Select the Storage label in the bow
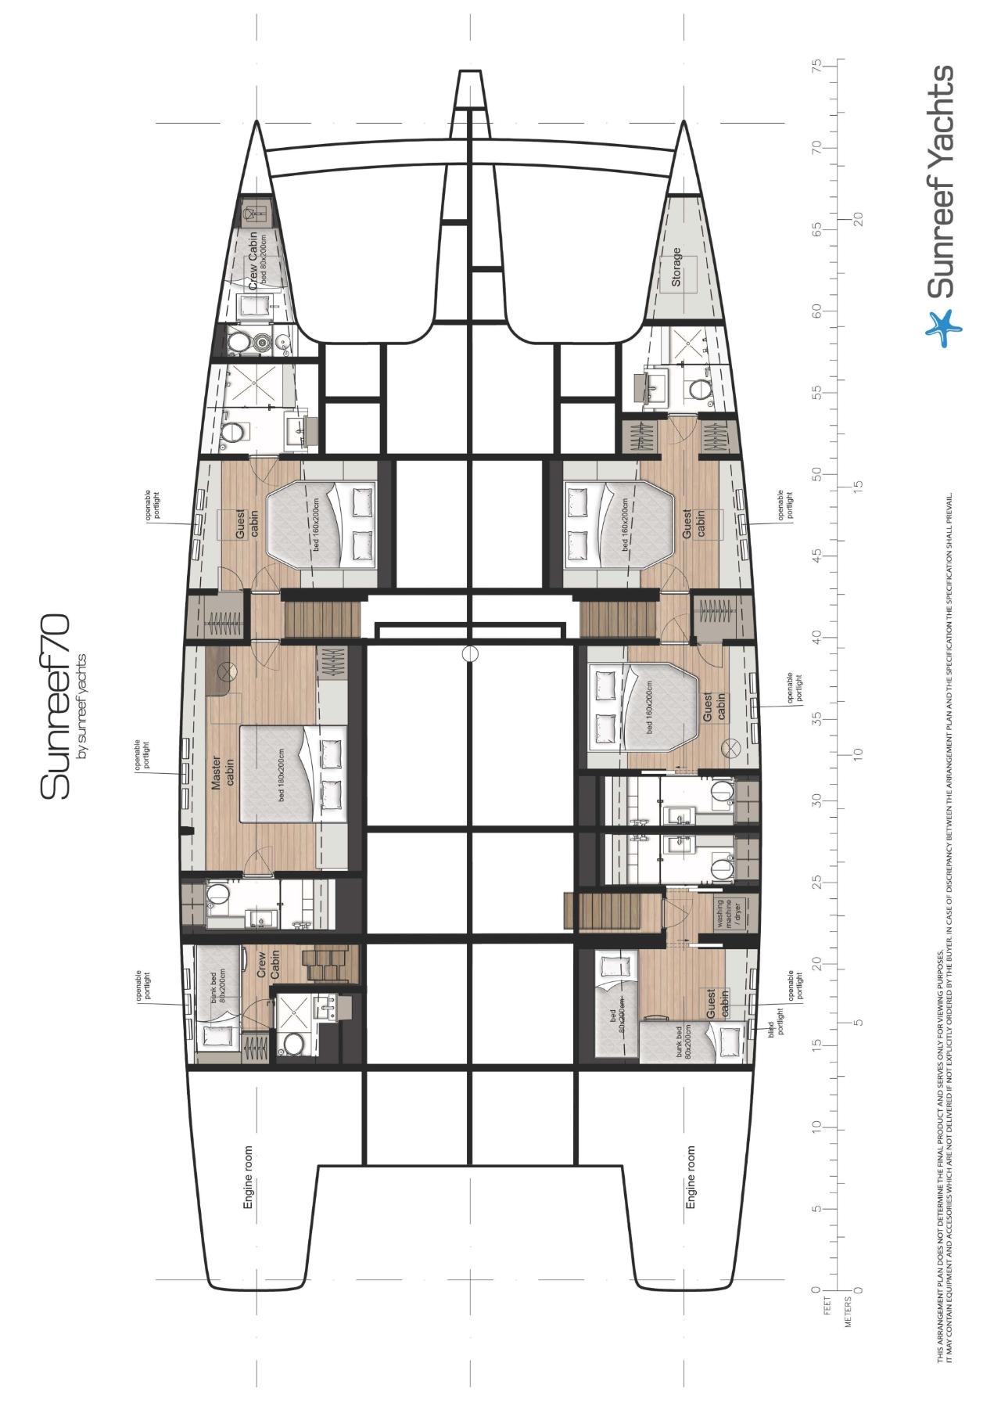tap(676, 267)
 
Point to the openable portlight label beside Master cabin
tap(142, 755)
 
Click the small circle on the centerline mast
tap(469, 653)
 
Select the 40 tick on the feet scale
tap(818, 637)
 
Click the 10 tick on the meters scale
tap(859, 753)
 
